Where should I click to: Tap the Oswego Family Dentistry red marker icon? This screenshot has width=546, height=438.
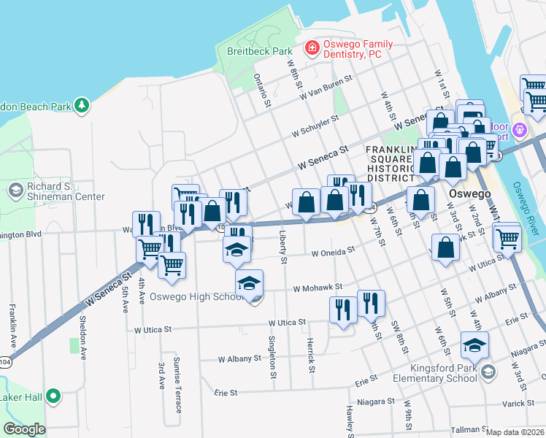(312, 48)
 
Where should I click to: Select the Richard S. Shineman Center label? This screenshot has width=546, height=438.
(65, 191)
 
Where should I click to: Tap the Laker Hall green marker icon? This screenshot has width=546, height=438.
(53, 398)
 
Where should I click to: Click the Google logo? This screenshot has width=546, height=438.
(25, 429)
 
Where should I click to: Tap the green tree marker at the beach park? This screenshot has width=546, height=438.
(82, 106)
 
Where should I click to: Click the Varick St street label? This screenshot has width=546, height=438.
(519, 404)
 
